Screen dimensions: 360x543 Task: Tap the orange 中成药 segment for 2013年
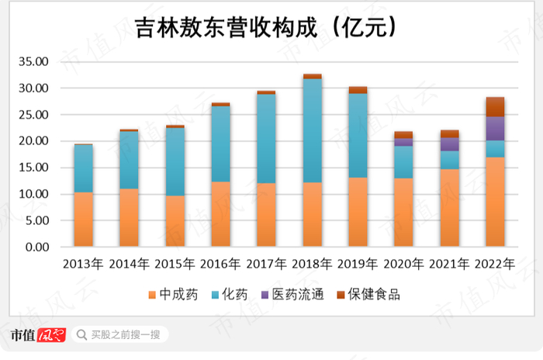[x=84, y=220]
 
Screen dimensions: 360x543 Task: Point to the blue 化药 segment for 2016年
[x=221, y=144]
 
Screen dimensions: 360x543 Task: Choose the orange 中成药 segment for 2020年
[x=403, y=213]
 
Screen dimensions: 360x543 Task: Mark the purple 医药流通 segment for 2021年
[x=449, y=144]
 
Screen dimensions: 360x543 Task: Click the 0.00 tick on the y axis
[x=36, y=247]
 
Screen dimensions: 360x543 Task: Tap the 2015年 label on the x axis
[x=175, y=264]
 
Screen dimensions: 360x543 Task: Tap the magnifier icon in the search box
[x=81, y=335]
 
